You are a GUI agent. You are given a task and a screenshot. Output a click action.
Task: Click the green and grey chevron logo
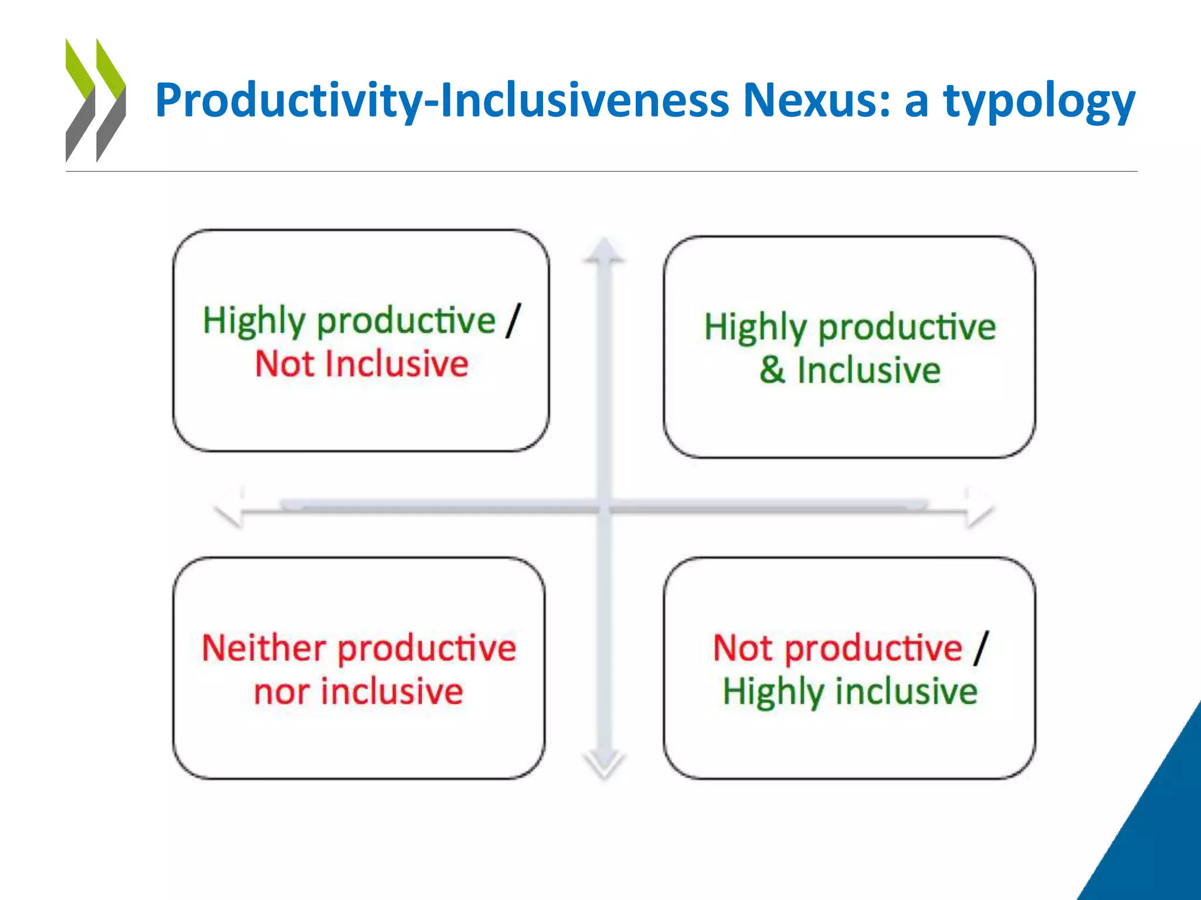pos(95,100)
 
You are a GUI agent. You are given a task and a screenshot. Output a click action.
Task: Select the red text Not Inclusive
pos(362,364)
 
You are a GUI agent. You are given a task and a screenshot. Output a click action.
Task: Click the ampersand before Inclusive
pos(772,370)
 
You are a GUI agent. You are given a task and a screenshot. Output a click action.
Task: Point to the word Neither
pos(264,648)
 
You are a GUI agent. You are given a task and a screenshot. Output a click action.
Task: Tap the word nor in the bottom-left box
pos(280,692)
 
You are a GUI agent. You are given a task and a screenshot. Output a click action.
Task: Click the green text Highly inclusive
pos(850,692)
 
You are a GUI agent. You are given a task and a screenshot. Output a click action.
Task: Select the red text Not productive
pos(837,648)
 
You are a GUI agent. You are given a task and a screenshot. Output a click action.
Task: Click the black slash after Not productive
pos(981,648)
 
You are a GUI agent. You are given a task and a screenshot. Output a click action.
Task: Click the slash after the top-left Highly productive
pos(513,321)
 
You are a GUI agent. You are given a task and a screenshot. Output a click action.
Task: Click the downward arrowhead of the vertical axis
pos(604,765)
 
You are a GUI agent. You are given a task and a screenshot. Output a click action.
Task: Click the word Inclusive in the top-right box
pos(868,370)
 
